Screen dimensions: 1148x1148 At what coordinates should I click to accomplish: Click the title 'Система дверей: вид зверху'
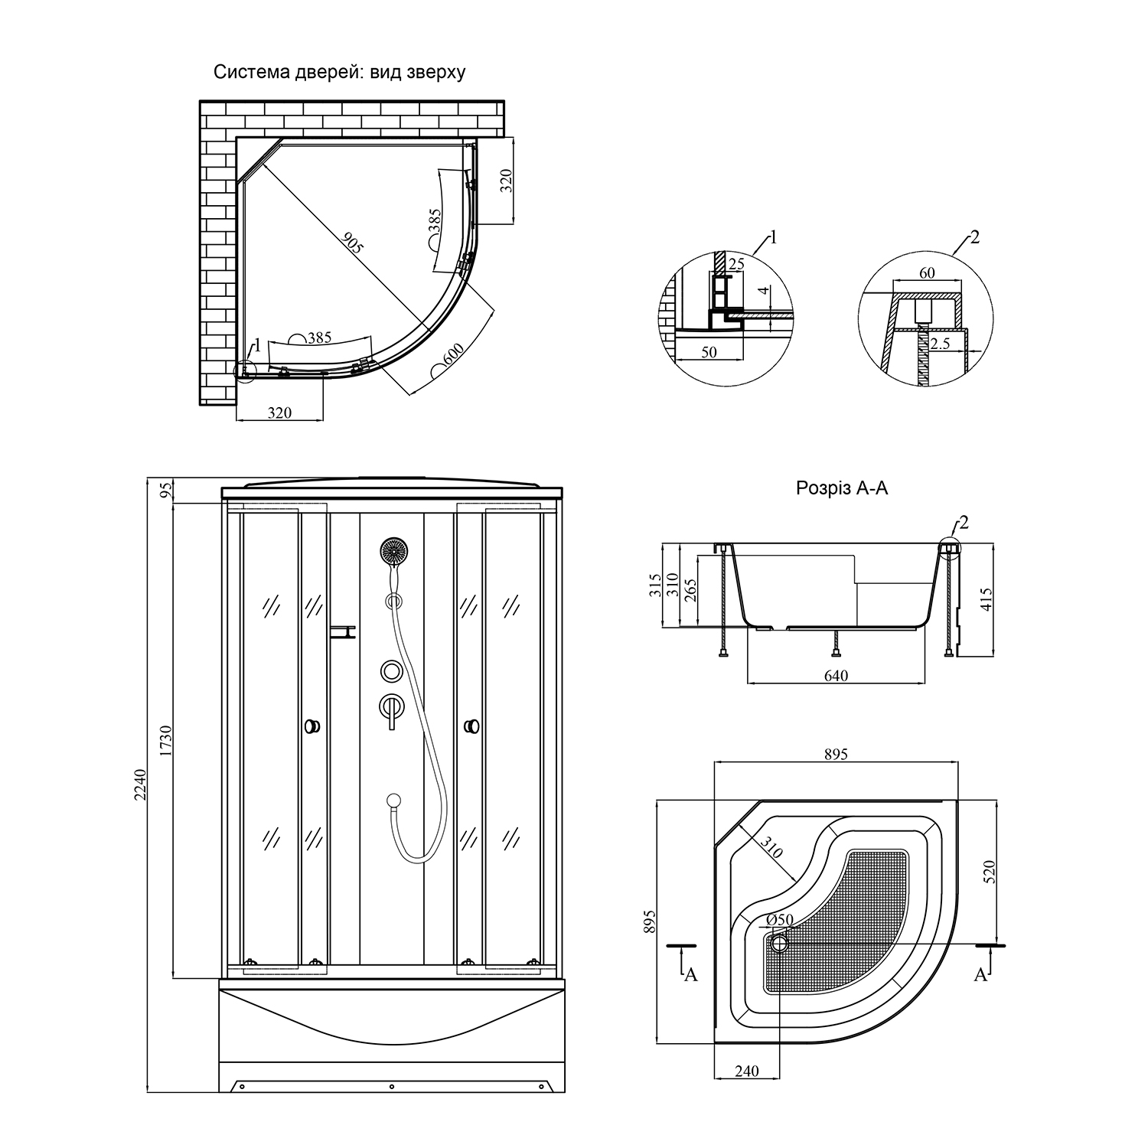coord(339,73)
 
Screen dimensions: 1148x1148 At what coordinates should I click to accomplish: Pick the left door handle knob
coord(312,726)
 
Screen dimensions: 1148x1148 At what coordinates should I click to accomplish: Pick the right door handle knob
coord(473,726)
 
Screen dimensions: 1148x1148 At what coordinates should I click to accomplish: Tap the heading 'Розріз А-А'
coord(842,488)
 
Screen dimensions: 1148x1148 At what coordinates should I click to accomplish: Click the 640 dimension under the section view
coord(836,675)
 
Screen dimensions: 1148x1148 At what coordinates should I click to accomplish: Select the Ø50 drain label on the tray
coord(780,920)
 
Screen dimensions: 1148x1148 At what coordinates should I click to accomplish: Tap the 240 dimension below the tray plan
coord(746,1071)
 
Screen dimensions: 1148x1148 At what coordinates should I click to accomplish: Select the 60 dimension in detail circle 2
coord(927,273)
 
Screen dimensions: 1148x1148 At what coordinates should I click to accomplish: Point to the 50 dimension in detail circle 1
coord(709,351)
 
